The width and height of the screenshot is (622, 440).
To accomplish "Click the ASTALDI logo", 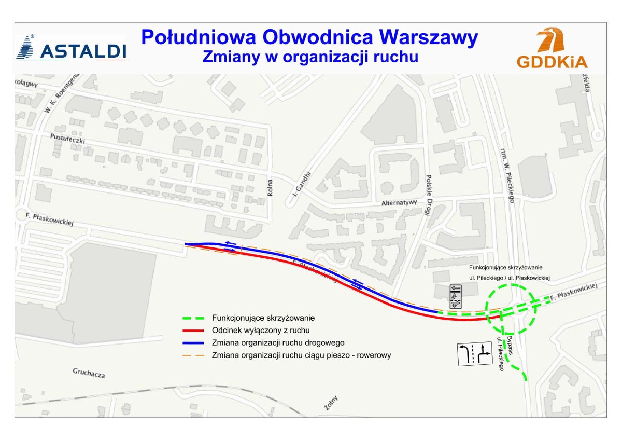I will [72, 48].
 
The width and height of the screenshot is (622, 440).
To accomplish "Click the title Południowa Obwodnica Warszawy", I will [309, 38].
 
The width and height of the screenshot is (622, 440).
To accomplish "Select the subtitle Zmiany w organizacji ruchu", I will [310, 57].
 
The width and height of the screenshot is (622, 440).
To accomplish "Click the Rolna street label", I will [270, 188].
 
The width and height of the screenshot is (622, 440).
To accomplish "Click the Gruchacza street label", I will [89, 373].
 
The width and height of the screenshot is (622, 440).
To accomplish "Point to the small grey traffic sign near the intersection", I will [456, 296].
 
